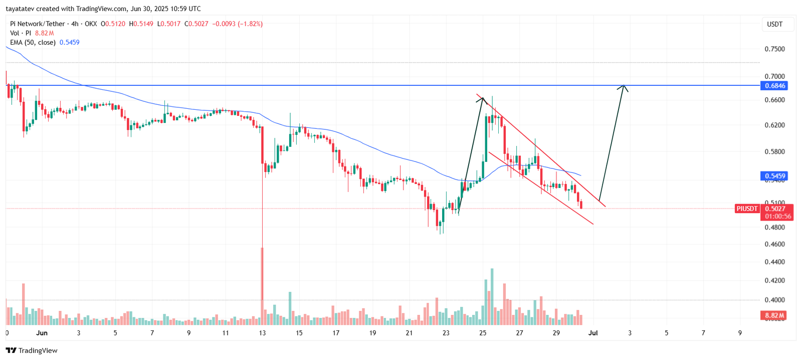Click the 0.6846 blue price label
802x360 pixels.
tap(774, 86)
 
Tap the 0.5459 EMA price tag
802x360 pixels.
tap(774, 176)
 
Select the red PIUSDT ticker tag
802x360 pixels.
tap(747, 209)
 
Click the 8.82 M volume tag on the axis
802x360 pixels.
tap(774, 315)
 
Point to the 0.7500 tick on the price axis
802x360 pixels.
tap(774, 49)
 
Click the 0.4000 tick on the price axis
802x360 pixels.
tap(774, 300)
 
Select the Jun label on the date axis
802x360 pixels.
tap(42, 333)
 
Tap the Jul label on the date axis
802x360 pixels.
tap(593, 333)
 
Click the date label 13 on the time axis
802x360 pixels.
tap(262, 333)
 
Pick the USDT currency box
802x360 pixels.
tap(774, 24)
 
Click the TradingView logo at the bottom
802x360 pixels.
tap(32, 350)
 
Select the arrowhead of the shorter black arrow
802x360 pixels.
tap(482, 99)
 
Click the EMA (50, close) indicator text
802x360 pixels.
tap(33, 43)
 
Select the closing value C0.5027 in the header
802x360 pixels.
tap(196, 24)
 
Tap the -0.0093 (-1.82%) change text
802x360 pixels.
tap(238, 24)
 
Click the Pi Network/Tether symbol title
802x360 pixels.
tap(38, 24)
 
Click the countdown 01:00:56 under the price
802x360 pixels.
tap(778, 217)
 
